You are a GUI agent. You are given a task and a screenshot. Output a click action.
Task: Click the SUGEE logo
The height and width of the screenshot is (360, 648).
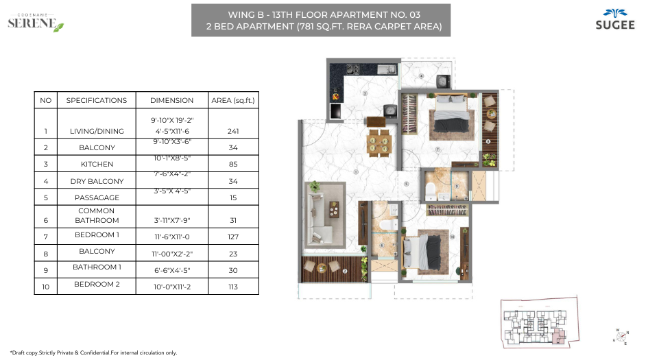[x=608, y=20]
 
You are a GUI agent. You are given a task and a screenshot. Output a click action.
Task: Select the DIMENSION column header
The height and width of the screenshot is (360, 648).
[x=171, y=100]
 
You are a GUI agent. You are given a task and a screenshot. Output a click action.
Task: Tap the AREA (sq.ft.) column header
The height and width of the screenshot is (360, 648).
[x=233, y=100]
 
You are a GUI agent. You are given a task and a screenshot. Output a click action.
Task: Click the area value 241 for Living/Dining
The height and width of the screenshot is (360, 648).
[x=233, y=131]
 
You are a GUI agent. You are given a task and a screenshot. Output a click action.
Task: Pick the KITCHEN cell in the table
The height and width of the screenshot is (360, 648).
[x=97, y=165]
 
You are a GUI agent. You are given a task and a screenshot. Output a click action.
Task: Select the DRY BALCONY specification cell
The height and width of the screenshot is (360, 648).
[x=97, y=181]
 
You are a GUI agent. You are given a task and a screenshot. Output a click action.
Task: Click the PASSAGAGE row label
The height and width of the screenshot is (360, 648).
[x=97, y=197]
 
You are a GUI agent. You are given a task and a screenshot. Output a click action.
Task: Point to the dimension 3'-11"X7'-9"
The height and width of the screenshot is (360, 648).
[x=171, y=220]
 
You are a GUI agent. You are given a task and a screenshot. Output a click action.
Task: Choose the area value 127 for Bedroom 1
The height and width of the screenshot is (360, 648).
[x=233, y=237]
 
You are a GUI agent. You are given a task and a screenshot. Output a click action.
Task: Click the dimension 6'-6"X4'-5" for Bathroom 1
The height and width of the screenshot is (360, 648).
[x=171, y=270]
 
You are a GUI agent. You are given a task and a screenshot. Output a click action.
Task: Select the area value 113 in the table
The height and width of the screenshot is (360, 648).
[x=233, y=287]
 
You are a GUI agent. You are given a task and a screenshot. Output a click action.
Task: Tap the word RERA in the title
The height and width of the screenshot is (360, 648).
[x=371, y=27]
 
